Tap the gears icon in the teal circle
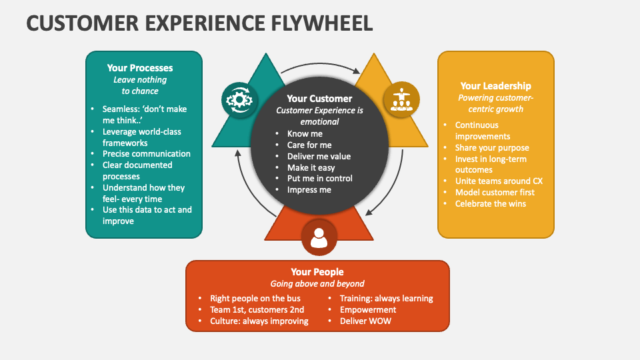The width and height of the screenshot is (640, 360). (x=239, y=100)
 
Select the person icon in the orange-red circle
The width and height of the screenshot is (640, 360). (x=319, y=237)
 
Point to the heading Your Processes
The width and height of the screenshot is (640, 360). (x=140, y=68)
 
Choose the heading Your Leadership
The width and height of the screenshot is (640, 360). (x=495, y=86)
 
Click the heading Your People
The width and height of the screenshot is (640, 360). (x=317, y=272)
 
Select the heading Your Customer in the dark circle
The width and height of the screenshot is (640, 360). (x=319, y=99)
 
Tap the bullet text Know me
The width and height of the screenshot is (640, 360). (x=305, y=134)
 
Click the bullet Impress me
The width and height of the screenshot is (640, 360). (x=309, y=190)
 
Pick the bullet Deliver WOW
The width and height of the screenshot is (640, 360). (x=365, y=321)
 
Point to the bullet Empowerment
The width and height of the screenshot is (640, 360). (x=368, y=309)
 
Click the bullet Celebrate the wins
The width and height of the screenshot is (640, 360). (x=490, y=203)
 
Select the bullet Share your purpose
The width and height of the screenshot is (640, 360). (x=492, y=148)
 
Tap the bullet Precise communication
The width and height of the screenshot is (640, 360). (x=147, y=154)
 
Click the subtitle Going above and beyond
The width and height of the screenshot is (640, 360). (x=317, y=284)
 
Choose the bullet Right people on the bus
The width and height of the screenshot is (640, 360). (x=255, y=298)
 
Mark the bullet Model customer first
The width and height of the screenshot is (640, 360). (x=495, y=193)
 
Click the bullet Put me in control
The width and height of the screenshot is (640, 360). (x=320, y=179)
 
